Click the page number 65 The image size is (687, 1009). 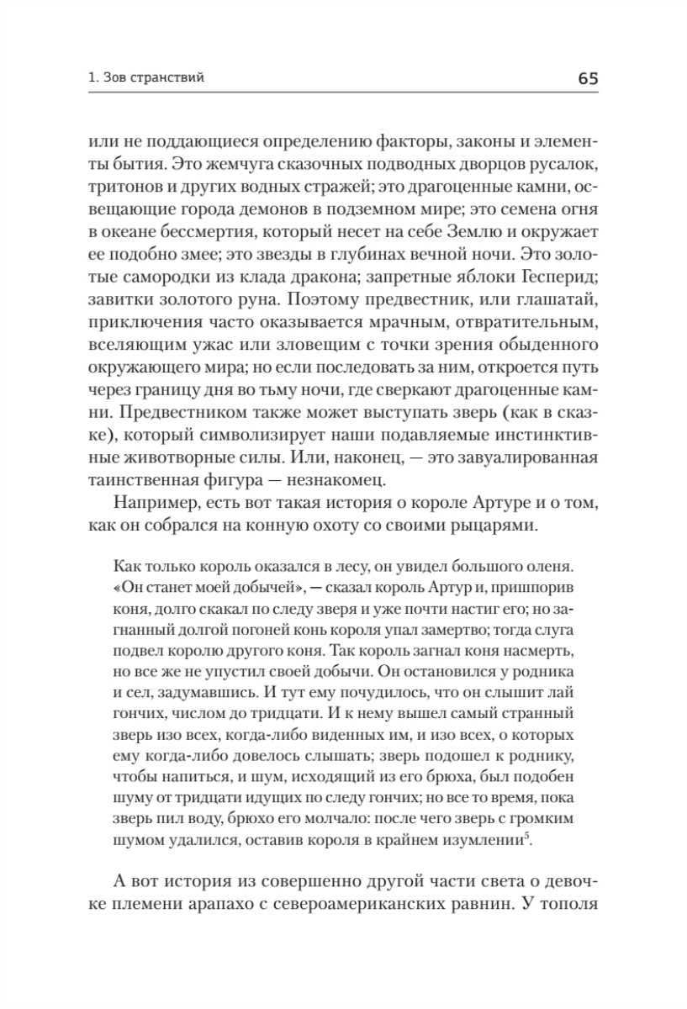(x=587, y=79)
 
